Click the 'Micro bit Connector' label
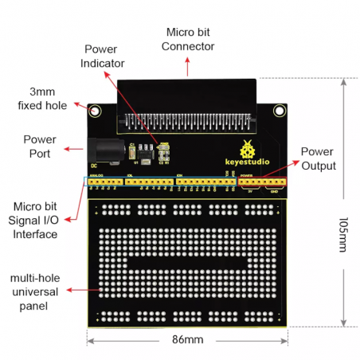pyautogui.click(x=188, y=39)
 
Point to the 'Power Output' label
pyautogui.click(x=319, y=158)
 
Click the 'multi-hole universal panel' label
pyautogui.click(x=36, y=286)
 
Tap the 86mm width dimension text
pyautogui.click(x=188, y=340)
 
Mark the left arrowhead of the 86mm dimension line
pyautogui.click(x=90, y=340)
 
